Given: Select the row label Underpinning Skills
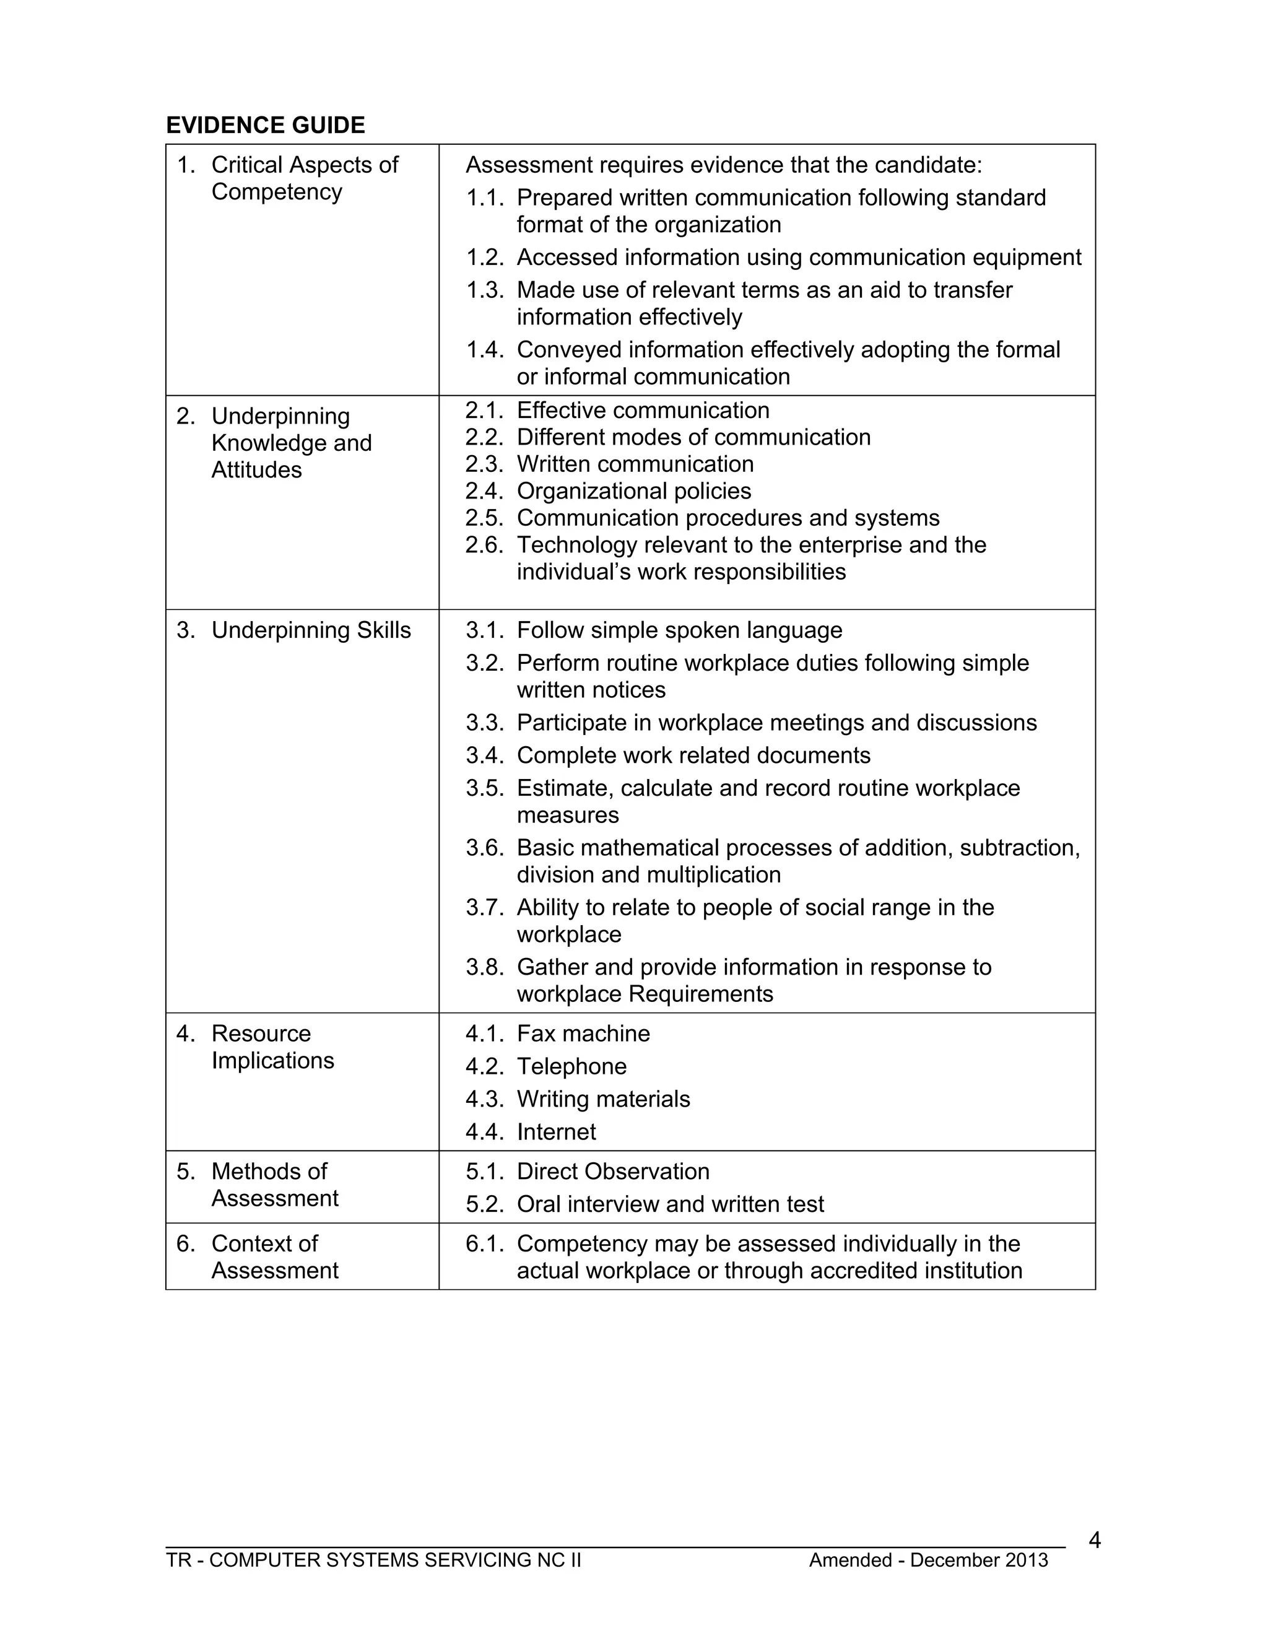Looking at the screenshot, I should (x=310, y=630).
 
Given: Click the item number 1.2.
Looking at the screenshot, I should (x=484, y=258).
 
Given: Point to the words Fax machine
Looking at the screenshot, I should (x=583, y=1034).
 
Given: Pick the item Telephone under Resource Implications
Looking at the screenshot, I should (x=571, y=1067).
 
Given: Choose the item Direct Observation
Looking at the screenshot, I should (x=612, y=1172).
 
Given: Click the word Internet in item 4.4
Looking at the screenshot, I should (x=556, y=1133).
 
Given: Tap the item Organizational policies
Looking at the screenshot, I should (x=633, y=492).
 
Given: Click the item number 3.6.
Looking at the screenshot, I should (x=484, y=848).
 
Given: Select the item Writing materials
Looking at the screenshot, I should (x=602, y=1099).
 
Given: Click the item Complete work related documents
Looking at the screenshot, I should (x=693, y=756).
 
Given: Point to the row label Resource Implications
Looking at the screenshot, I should (x=272, y=1047).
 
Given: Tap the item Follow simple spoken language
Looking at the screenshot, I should (x=679, y=630).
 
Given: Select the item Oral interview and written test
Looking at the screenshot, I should (x=669, y=1204).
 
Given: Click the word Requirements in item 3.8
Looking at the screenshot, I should (x=700, y=995).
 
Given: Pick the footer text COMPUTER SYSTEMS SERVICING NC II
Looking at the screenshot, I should (x=395, y=1560).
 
